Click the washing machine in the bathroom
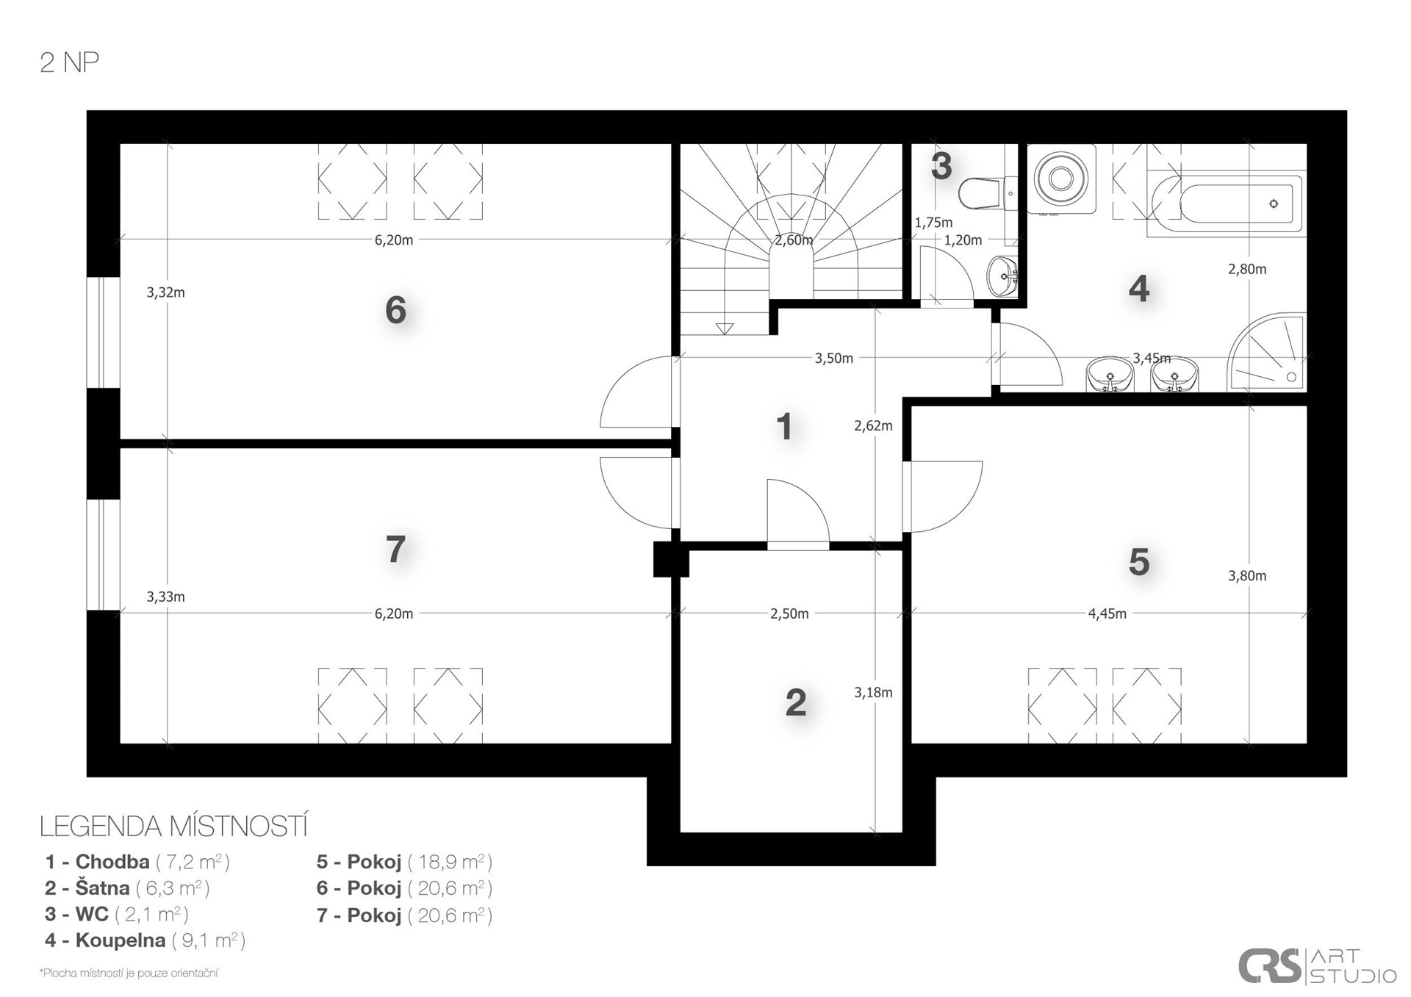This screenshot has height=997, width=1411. click(x=1060, y=179)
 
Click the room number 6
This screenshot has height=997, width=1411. click(x=395, y=310)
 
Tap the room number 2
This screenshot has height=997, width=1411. click(x=796, y=703)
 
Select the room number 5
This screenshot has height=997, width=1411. click(x=1138, y=562)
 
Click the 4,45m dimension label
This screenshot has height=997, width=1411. click(x=1107, y=613)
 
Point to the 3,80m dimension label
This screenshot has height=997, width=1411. click(x=1247, y=575)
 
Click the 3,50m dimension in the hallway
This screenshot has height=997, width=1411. click(x=833, y=359)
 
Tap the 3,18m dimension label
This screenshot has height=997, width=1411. click(x=873, y=692)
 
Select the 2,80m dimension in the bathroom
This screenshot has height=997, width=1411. click(x=1247, y=269)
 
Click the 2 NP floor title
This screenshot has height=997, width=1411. click(x=69, y=63)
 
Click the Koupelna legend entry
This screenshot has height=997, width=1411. click(x=145, y=940)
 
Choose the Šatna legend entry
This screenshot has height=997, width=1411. click(x=127, y=888)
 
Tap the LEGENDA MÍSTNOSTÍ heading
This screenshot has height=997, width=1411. click(x=173, y=827)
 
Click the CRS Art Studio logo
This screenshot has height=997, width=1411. click(x=1317, y=966)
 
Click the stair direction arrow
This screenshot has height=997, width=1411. click(x=725, y=328)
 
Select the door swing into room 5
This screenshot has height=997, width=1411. click(x=943, y=497)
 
